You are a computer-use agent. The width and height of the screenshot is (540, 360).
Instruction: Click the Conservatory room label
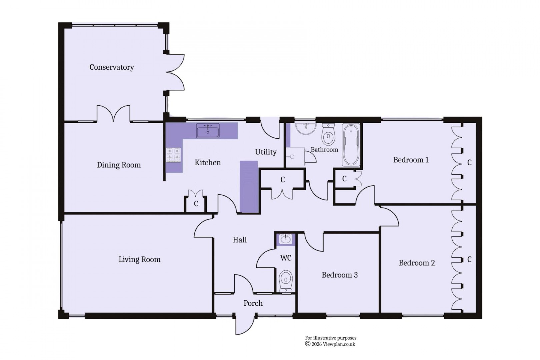112,67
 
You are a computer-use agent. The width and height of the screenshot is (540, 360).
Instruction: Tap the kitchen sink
208,130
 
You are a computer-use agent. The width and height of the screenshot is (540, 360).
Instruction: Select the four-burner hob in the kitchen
173,155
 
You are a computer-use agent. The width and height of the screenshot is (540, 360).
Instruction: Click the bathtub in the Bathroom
351,145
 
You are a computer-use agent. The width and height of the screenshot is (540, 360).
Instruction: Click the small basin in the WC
286,239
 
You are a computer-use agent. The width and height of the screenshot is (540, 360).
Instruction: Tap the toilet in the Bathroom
328,135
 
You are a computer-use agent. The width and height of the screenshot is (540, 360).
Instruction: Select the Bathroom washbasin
306,128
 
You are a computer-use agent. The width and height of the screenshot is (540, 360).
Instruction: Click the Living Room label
139,260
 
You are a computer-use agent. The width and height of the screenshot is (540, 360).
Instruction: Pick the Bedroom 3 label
339,275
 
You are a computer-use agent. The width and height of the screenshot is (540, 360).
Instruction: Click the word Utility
266,152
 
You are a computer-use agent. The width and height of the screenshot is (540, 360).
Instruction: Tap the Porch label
253,303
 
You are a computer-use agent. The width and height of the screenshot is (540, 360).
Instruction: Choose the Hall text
240,240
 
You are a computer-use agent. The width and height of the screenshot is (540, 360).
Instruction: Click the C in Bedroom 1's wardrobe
469,163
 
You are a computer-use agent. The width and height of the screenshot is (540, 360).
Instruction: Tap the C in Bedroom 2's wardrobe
469,259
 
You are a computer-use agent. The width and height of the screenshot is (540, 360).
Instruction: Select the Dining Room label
119,165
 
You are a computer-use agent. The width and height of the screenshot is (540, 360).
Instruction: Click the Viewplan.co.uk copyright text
330,344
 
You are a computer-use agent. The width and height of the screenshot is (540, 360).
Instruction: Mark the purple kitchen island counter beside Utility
249,187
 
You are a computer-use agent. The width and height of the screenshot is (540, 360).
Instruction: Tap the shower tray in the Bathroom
295,157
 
